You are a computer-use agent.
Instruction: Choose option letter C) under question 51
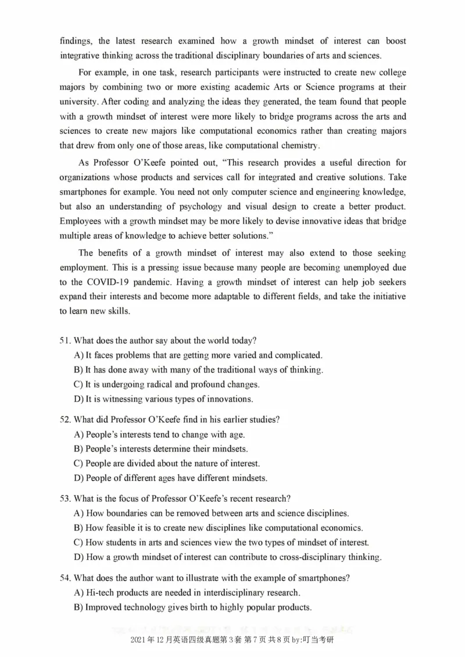(78, 385)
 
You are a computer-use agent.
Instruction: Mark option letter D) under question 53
(78, 557)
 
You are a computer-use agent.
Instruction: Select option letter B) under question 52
(78, 448)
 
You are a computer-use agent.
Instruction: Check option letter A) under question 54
(78, 593)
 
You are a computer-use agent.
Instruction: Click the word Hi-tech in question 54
(100, 593)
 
